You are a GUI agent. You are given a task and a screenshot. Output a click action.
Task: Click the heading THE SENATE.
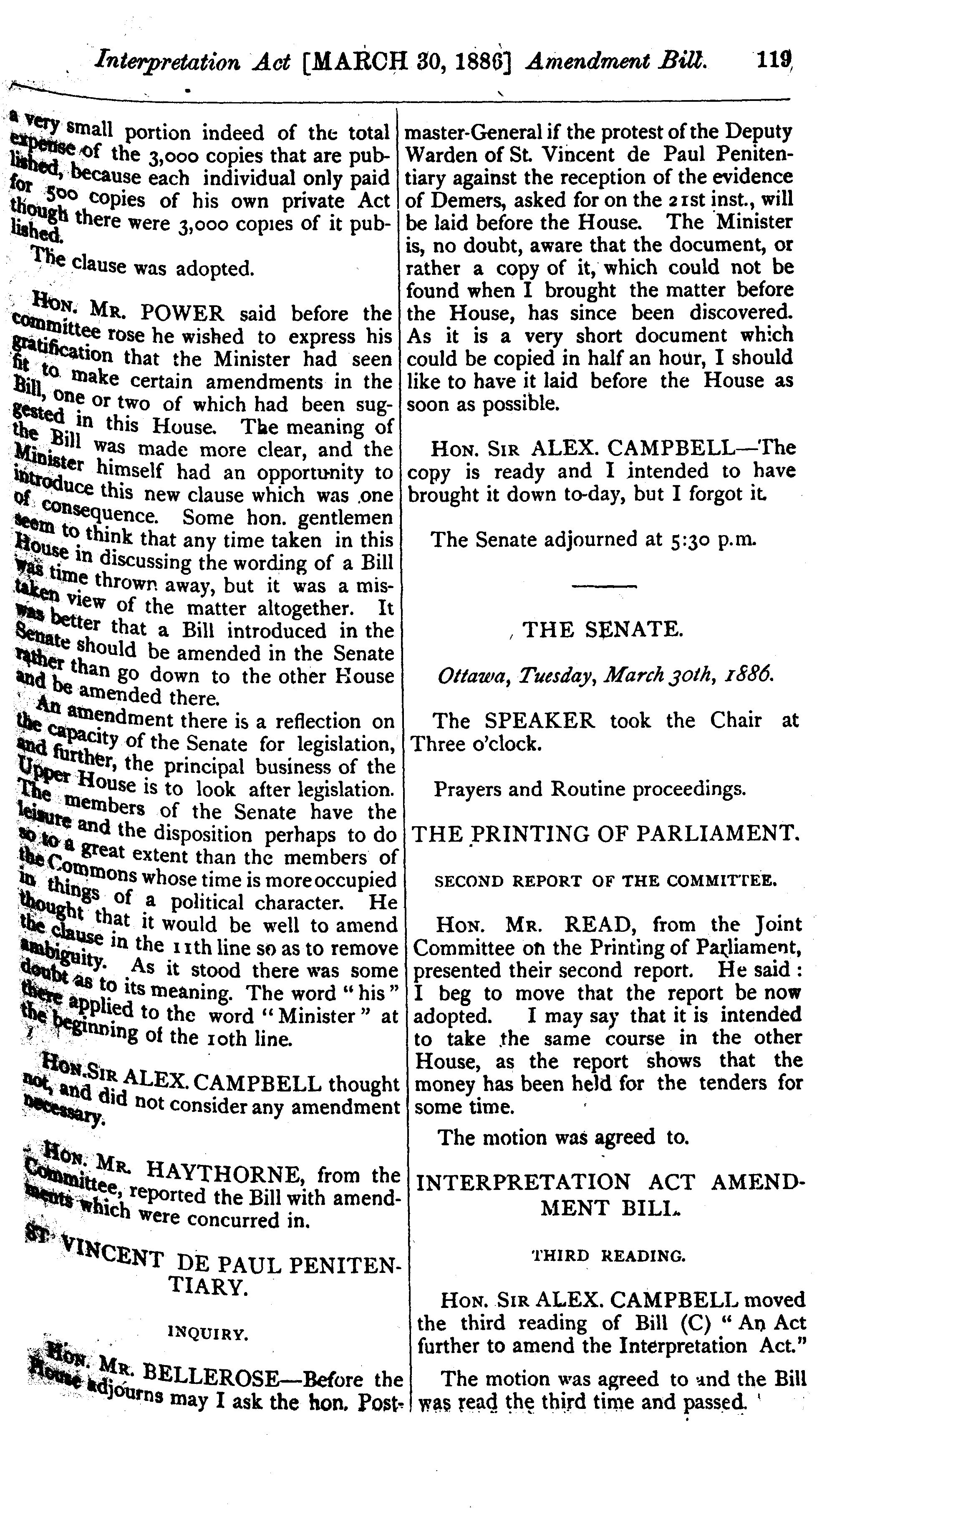point(602,629)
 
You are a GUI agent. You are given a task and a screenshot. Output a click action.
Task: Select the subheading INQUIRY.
point(208,1333)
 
